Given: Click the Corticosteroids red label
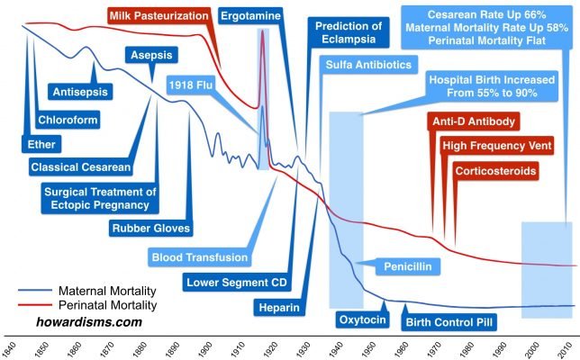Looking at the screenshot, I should pyautogui.click(x=496, y=170).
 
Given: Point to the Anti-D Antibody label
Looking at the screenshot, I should pyautogui.click(x=476, y=122).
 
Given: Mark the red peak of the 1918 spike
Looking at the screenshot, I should pyautogui.click(x=263, y=31).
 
